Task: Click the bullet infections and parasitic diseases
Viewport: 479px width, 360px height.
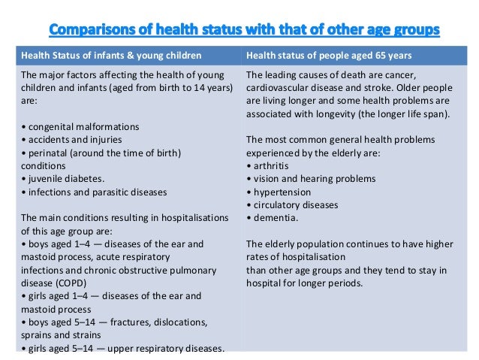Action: coord(95,192)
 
